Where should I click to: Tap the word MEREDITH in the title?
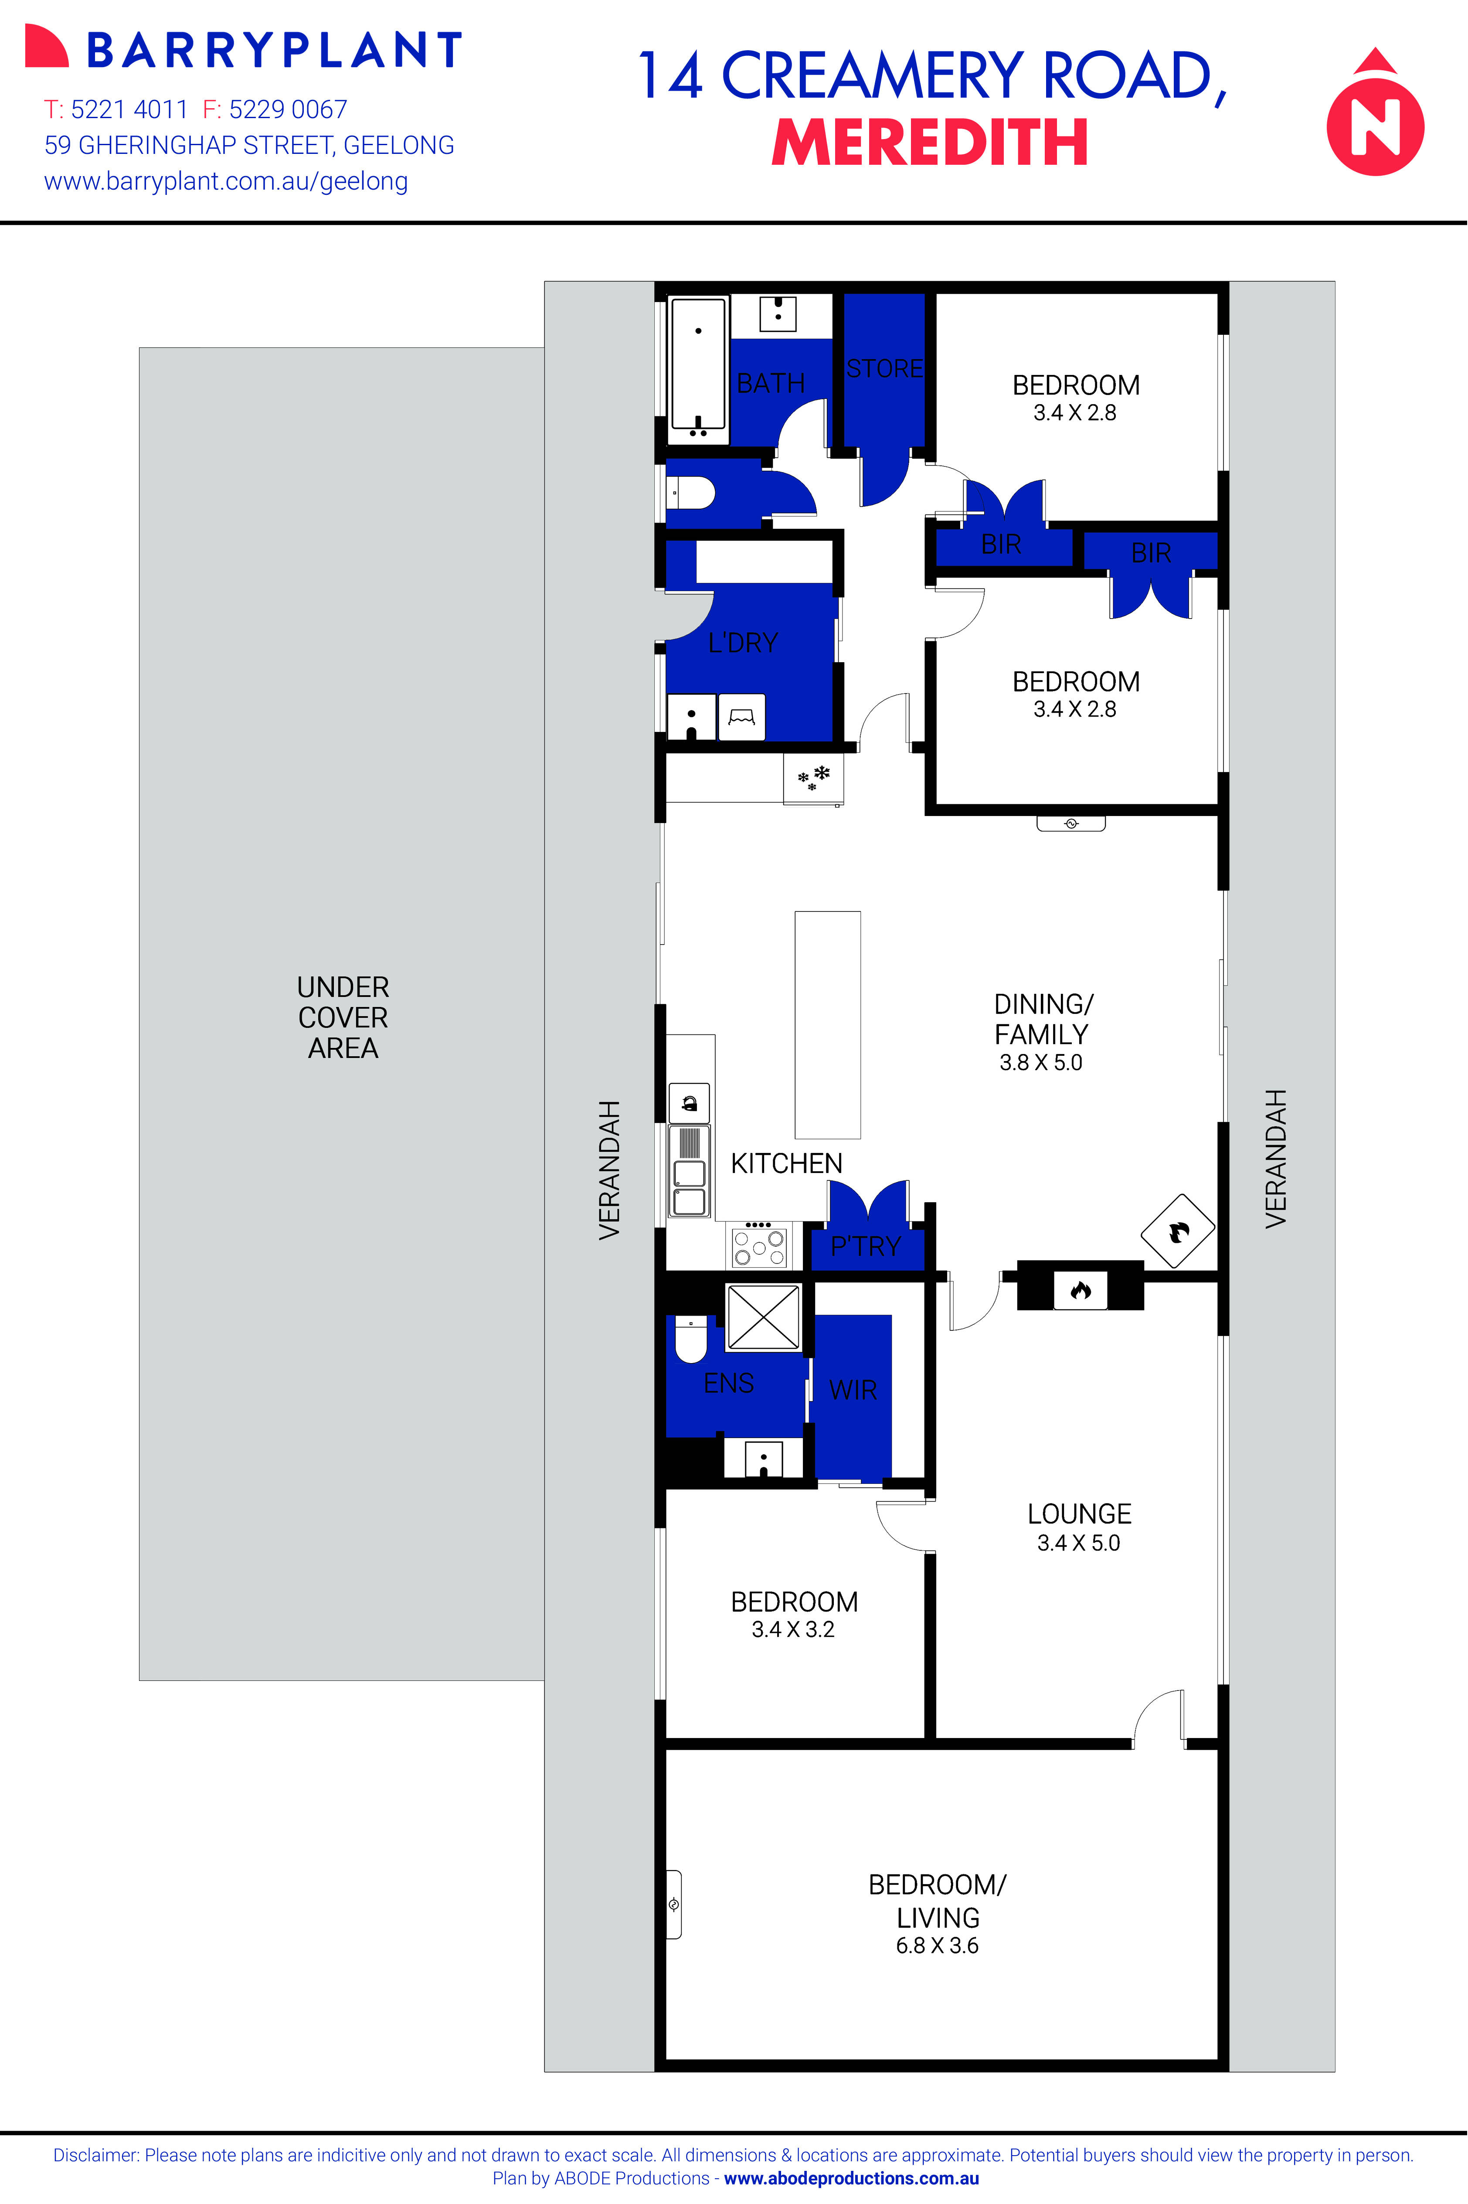[930, 143]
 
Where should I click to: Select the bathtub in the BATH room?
[697, 370]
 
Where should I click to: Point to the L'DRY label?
[742, 643]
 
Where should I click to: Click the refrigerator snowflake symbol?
[812, 778]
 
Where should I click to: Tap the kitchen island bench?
[827, 1024]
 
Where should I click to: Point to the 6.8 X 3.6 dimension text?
[937, 1946]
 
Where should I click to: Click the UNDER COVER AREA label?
[343, 1018]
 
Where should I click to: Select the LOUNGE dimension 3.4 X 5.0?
[1078, 1543]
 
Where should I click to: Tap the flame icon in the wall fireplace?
[1081, 1291]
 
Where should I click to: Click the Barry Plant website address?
[226, 182]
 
